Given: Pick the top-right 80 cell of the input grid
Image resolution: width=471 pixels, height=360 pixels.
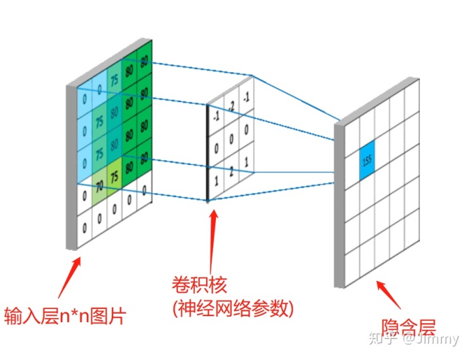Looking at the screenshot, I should pos(144,63).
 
